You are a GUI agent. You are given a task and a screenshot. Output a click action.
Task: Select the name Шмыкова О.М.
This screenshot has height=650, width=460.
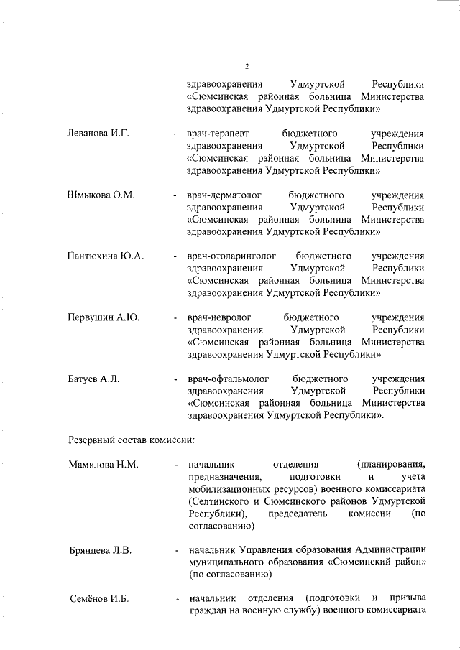click(x=101, y=195)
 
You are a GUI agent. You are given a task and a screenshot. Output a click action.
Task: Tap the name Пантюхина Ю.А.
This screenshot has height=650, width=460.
click(x=106, y=256)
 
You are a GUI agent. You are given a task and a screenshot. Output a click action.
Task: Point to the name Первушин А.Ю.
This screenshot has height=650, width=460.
click(x=103, y=317)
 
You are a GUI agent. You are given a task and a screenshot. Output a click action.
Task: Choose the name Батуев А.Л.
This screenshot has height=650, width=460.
click(x=93, y=379)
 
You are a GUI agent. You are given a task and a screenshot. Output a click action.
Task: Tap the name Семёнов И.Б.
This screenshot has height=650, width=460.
click(x=98, y=600)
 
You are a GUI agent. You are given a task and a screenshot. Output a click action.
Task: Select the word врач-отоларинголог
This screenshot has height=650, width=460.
click(x=229, y=256)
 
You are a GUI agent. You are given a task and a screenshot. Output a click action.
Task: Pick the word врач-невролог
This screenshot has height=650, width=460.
click(x=218, y=317)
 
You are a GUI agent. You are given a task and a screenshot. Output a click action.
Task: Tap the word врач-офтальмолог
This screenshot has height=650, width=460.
click(x=226, y=379)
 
